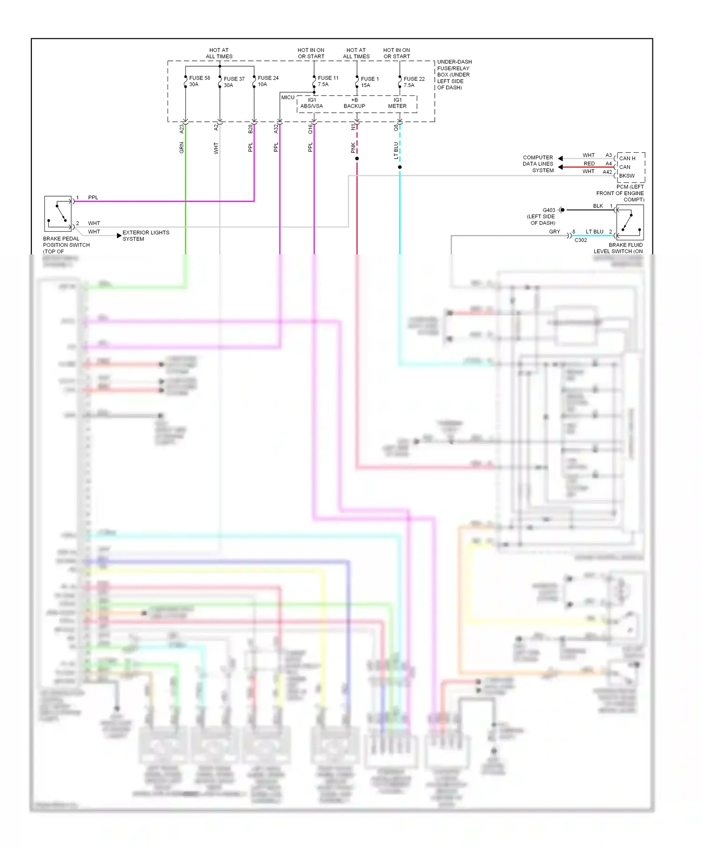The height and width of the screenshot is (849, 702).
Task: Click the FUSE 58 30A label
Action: point(199,81)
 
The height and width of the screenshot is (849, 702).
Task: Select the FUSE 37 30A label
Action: point(234,82)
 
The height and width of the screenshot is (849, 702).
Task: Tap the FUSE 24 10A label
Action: point(268,81)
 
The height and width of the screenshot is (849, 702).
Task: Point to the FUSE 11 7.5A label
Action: point(328,81)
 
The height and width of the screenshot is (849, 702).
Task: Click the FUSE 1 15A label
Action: point(369,82)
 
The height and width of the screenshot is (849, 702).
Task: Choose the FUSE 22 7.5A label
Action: point(414,82)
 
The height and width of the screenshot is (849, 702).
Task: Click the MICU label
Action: point(288,97)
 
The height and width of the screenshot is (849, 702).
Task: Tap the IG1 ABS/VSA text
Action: point(312,103)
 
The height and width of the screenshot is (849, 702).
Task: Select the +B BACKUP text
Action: point(354,103)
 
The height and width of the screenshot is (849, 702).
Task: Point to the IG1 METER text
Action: point(397,103)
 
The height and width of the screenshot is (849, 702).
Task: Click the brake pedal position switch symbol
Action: point(58,214)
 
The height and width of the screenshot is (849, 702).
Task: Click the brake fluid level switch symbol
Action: point(629,222)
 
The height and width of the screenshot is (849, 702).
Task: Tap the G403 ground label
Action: point(548,210)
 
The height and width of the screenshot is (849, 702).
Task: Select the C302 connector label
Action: point(580,240)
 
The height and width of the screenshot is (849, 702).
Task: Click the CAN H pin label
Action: point(627,158)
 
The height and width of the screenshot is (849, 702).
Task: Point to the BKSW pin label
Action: point(627,176)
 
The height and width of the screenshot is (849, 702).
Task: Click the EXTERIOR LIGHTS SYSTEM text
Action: point(146,236)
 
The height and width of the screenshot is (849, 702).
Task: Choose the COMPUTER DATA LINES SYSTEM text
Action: point(538,164)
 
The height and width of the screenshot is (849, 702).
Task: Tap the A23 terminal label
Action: point(182,128)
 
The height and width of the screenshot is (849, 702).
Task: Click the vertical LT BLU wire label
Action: point(396,150)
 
